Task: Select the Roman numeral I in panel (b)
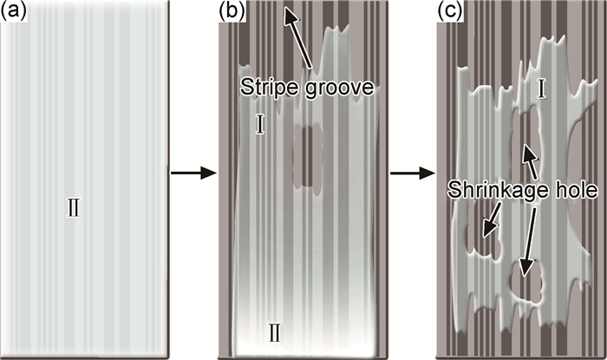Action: point(260,124)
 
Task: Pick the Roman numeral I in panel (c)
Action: point(540,88)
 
